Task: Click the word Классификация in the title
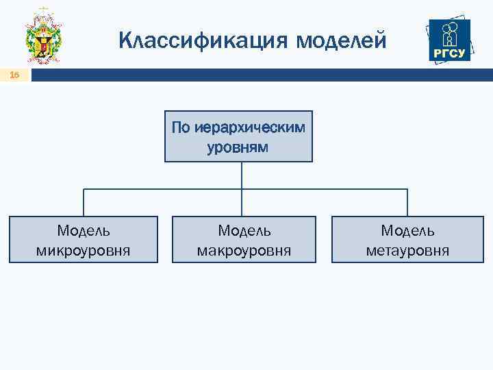(203, 40)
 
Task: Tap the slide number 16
(14, 76)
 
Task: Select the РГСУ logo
(448, 39)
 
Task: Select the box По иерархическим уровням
(238, 136)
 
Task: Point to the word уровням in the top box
(238, 147)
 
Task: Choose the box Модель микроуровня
(83, 240)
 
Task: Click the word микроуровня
(83, 251)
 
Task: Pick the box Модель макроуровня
(244, 240)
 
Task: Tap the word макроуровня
(244, 251)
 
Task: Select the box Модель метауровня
(407, 240)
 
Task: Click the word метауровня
(407, 251)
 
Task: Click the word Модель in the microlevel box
(83, 231)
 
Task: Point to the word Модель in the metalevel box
(407, 231)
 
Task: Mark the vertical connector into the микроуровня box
(84, 203)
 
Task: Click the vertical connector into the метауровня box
(407, 203)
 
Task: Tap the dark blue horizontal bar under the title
(260, 76)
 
